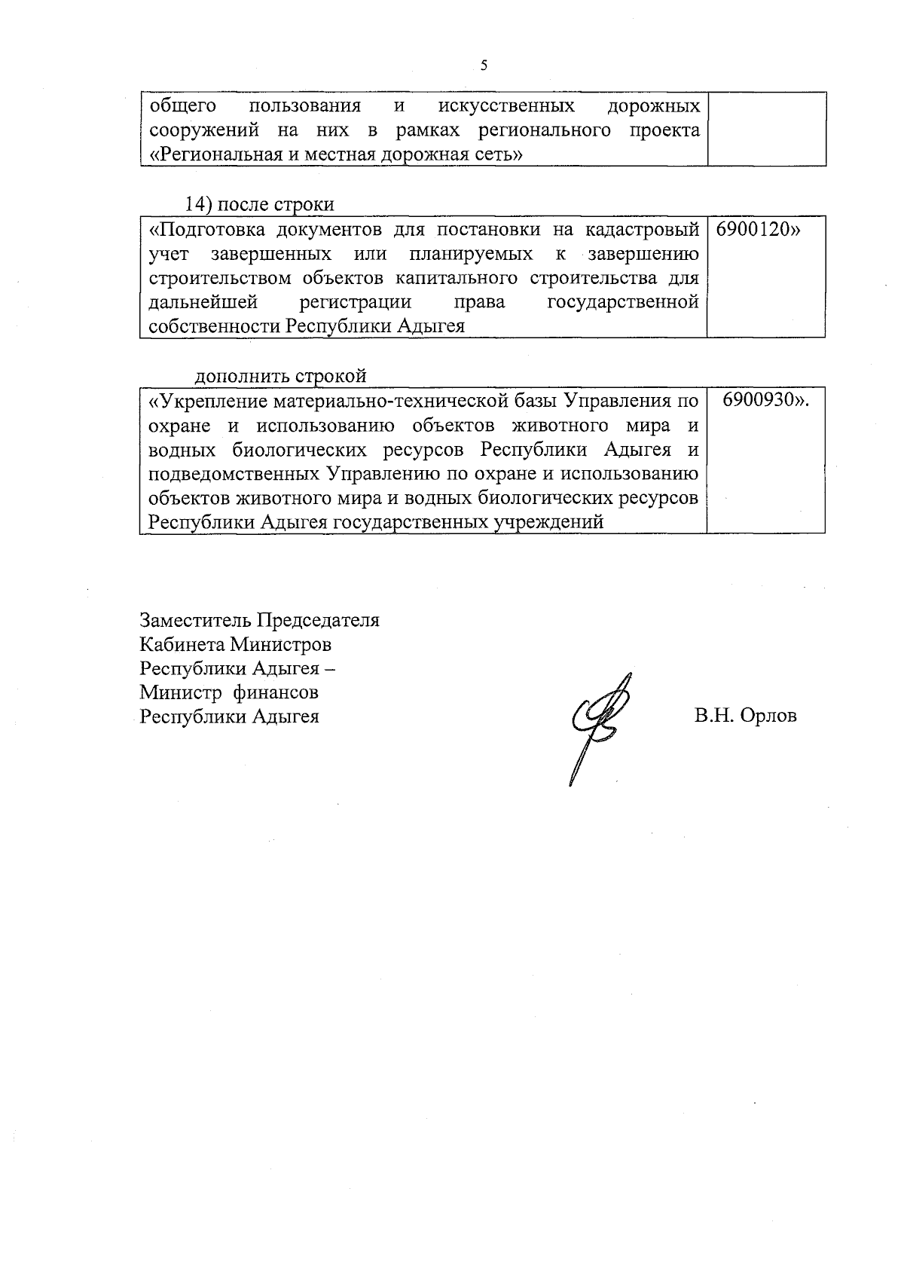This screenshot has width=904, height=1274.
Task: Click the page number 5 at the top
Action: point(484,66)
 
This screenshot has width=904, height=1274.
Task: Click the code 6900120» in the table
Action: point(753,229)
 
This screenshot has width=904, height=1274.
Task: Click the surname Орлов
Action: point(768,716)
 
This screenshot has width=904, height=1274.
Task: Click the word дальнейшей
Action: point(203,302)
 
